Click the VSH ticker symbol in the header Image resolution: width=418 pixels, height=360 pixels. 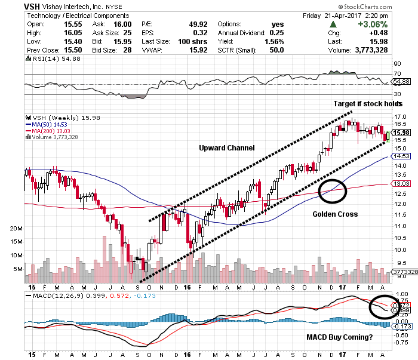tap(33, 6)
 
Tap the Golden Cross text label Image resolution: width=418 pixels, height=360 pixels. tap(335, 213)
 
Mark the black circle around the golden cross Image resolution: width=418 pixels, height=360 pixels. tap(333, 189)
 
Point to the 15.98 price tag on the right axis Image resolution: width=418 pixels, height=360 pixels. tap(401, 132)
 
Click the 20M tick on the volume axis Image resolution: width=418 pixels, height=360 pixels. tap(16, 229)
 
